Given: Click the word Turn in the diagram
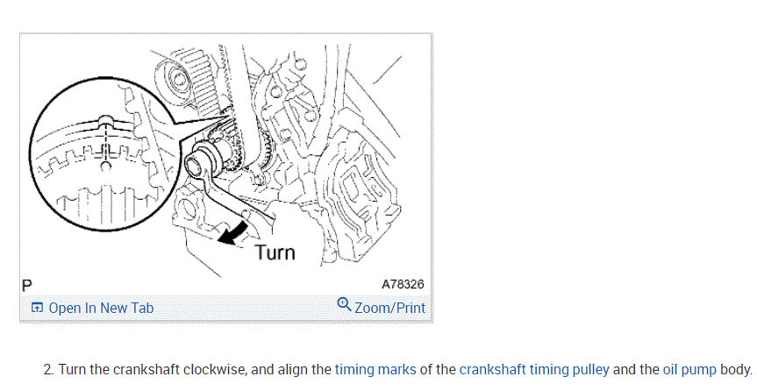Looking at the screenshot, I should (x=275, y=252).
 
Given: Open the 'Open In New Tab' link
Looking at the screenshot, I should (x=101, y=308).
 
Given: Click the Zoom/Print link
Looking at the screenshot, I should (x=389, y=308).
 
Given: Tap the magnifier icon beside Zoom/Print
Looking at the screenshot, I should (x=344, y=305).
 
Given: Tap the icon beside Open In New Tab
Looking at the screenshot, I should (x=37, y=308).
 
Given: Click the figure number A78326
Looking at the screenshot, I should (x=403, y=285).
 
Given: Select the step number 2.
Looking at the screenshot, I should (x=47, y=369).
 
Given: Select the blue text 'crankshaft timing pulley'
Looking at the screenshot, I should (x=533, y=369).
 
